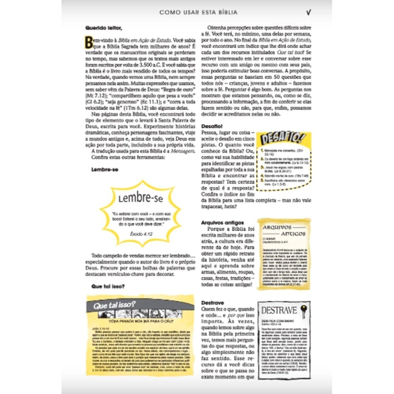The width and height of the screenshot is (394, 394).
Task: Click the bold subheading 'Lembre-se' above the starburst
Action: (x=104, y=169)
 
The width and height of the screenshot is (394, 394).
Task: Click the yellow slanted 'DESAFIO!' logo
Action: (x=280, y=138)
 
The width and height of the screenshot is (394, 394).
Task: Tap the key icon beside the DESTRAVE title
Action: (x=307, y=311)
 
